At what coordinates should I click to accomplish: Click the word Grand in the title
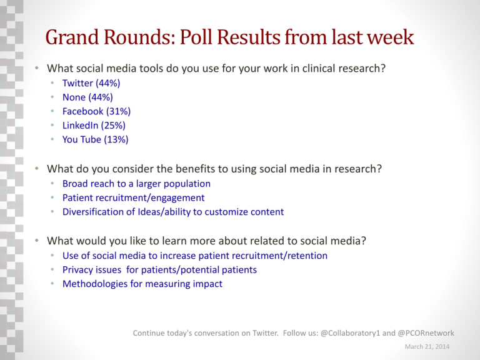(72, 37)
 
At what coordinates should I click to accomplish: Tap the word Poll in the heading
(196, 37)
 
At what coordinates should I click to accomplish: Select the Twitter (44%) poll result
(91, 83)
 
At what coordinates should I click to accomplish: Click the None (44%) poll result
(87, 97)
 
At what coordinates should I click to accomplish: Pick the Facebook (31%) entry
(96, 111)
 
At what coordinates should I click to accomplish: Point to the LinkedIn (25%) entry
(94, 126)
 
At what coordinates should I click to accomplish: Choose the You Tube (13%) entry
(95, 139)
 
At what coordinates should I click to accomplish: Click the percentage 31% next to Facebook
(118, 111)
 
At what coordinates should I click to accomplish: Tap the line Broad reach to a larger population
(136, 184)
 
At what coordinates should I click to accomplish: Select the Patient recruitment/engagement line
(134, 197)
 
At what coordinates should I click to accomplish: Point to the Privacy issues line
(159, 270)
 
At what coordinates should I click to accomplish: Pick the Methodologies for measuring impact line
(142, 284)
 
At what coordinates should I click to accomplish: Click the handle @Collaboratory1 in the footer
(350, 333)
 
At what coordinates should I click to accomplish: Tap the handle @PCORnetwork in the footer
(426, 333)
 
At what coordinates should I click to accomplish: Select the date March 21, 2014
(427, 346)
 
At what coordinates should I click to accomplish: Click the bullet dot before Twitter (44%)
(52, 83)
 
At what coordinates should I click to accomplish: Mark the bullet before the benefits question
(37, 169)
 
